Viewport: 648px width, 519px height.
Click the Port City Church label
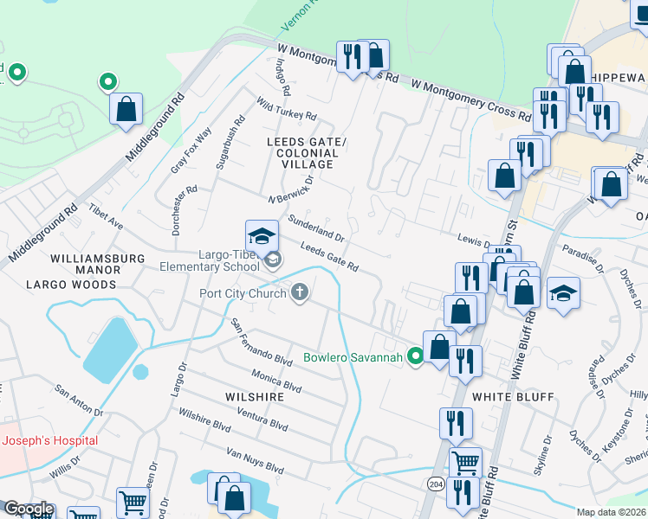[x=243, y=292]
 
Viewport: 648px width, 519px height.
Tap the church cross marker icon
[x=300, y=292]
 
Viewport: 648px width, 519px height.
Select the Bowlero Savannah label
[x=353, y=357]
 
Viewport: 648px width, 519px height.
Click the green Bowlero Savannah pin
[x=416, y=355]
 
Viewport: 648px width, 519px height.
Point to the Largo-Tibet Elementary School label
[x=209, y=260]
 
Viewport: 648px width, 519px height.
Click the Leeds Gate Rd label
[x=329, y=257]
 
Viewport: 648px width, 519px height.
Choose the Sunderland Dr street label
[x=316, y=227]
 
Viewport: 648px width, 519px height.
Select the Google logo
[x=28, y=509]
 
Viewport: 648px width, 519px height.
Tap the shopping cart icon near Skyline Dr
[x=466, y=462]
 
